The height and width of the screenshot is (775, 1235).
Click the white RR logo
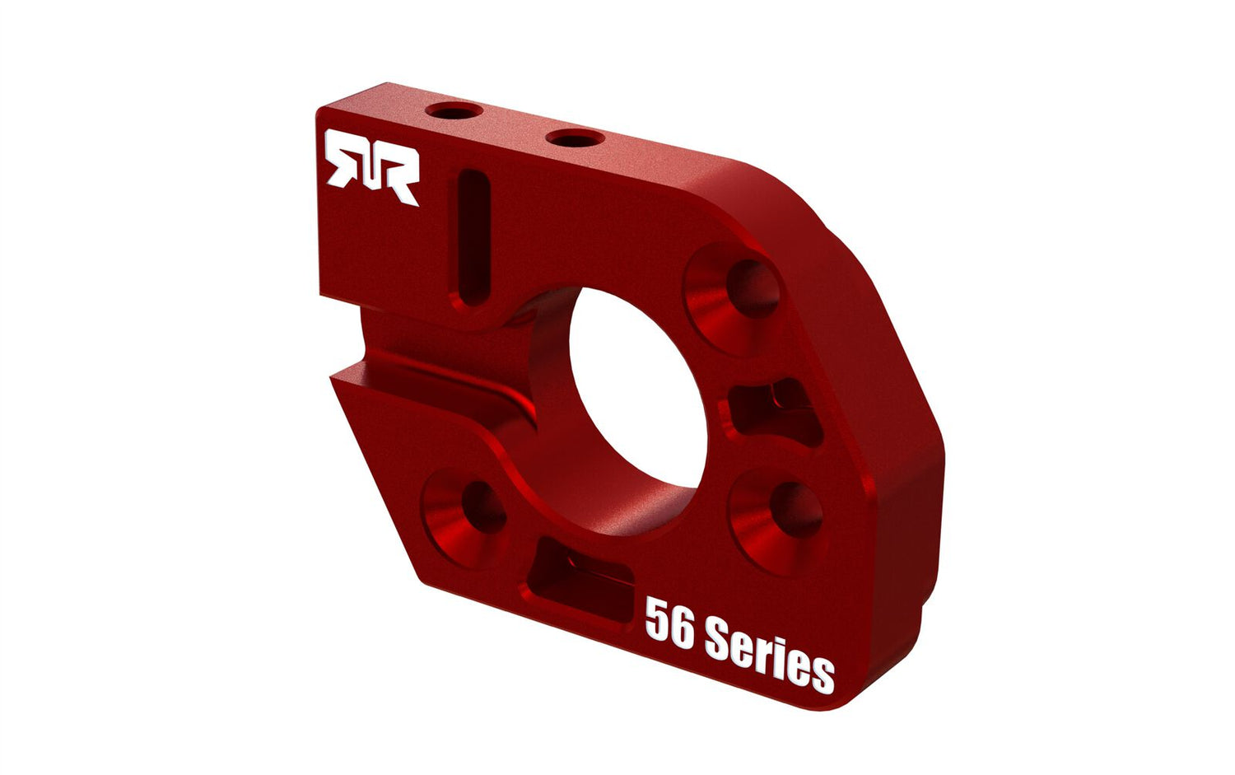click(x=372, y=167)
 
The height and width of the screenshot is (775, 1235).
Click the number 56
click(x=669, y=623)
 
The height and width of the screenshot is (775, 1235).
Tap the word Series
click(x=770, y=656)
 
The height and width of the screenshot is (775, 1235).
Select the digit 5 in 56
click(x=657, y=619)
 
